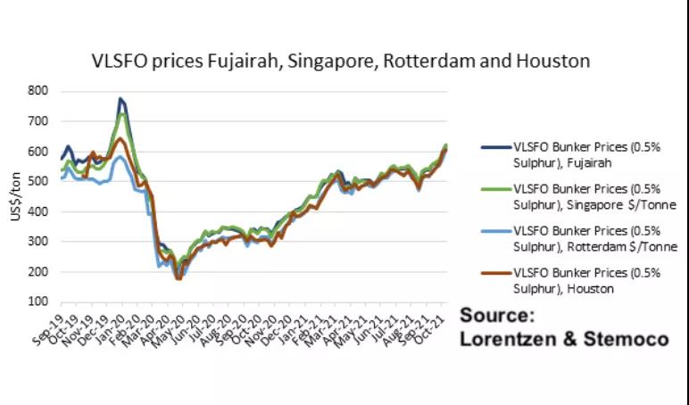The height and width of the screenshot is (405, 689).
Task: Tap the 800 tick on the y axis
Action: (x=37, y=90)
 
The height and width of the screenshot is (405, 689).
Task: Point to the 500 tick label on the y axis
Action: (x=37, y=181)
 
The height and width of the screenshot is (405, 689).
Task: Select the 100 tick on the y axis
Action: (x=37, y=302)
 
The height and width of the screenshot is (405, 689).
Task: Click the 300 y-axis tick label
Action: (x=37, y=242)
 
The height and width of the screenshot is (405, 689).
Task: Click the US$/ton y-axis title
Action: (x=12, y=196)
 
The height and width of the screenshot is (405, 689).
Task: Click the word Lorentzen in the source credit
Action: (x=511, y=340)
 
